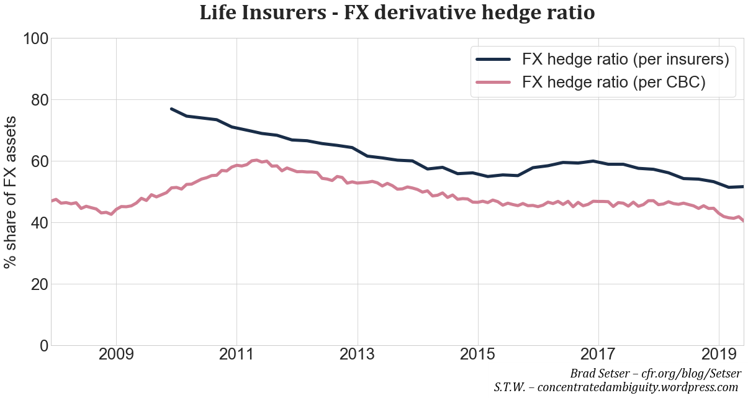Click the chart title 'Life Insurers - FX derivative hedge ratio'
[397, 13]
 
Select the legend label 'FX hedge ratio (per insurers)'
[625, 60]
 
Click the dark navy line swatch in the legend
[493, 60]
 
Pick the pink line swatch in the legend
[493, 83]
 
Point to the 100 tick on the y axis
[35, 38]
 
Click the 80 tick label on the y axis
[35, 100]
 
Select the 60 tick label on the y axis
[35, 161]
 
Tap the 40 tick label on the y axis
[35, 223]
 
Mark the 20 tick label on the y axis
[35, 284]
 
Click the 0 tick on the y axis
[42, 346]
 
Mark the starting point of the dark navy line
[171, 109]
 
